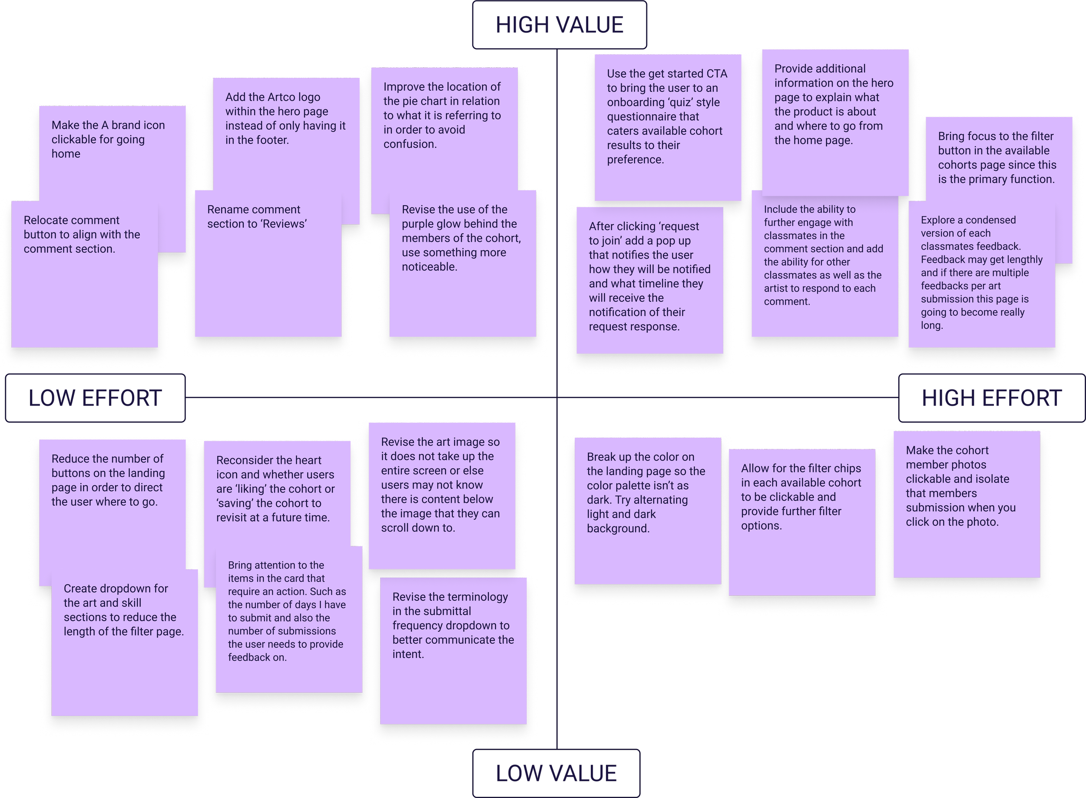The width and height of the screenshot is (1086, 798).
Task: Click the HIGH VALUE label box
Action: pyautogui.click(x=560, y=25)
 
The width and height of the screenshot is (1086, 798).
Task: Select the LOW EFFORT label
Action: pyautogui.click(x=95, y=399)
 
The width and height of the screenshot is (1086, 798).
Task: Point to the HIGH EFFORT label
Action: pyautogui.click(x=991, y=399)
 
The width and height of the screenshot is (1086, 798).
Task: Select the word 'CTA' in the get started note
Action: pyautogui.click(x=716, y=74)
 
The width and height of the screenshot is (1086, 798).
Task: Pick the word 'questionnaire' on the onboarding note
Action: pyautogui.click(x=653, y=117)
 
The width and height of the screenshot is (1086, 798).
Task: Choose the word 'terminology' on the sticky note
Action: pyautogui.click(x=477, y=597)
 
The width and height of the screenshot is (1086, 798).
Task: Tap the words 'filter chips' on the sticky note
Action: pyautogui.click(x=830, y=469)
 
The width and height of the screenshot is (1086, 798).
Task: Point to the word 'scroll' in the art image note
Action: pyautogui.click(x=395, y=528)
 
